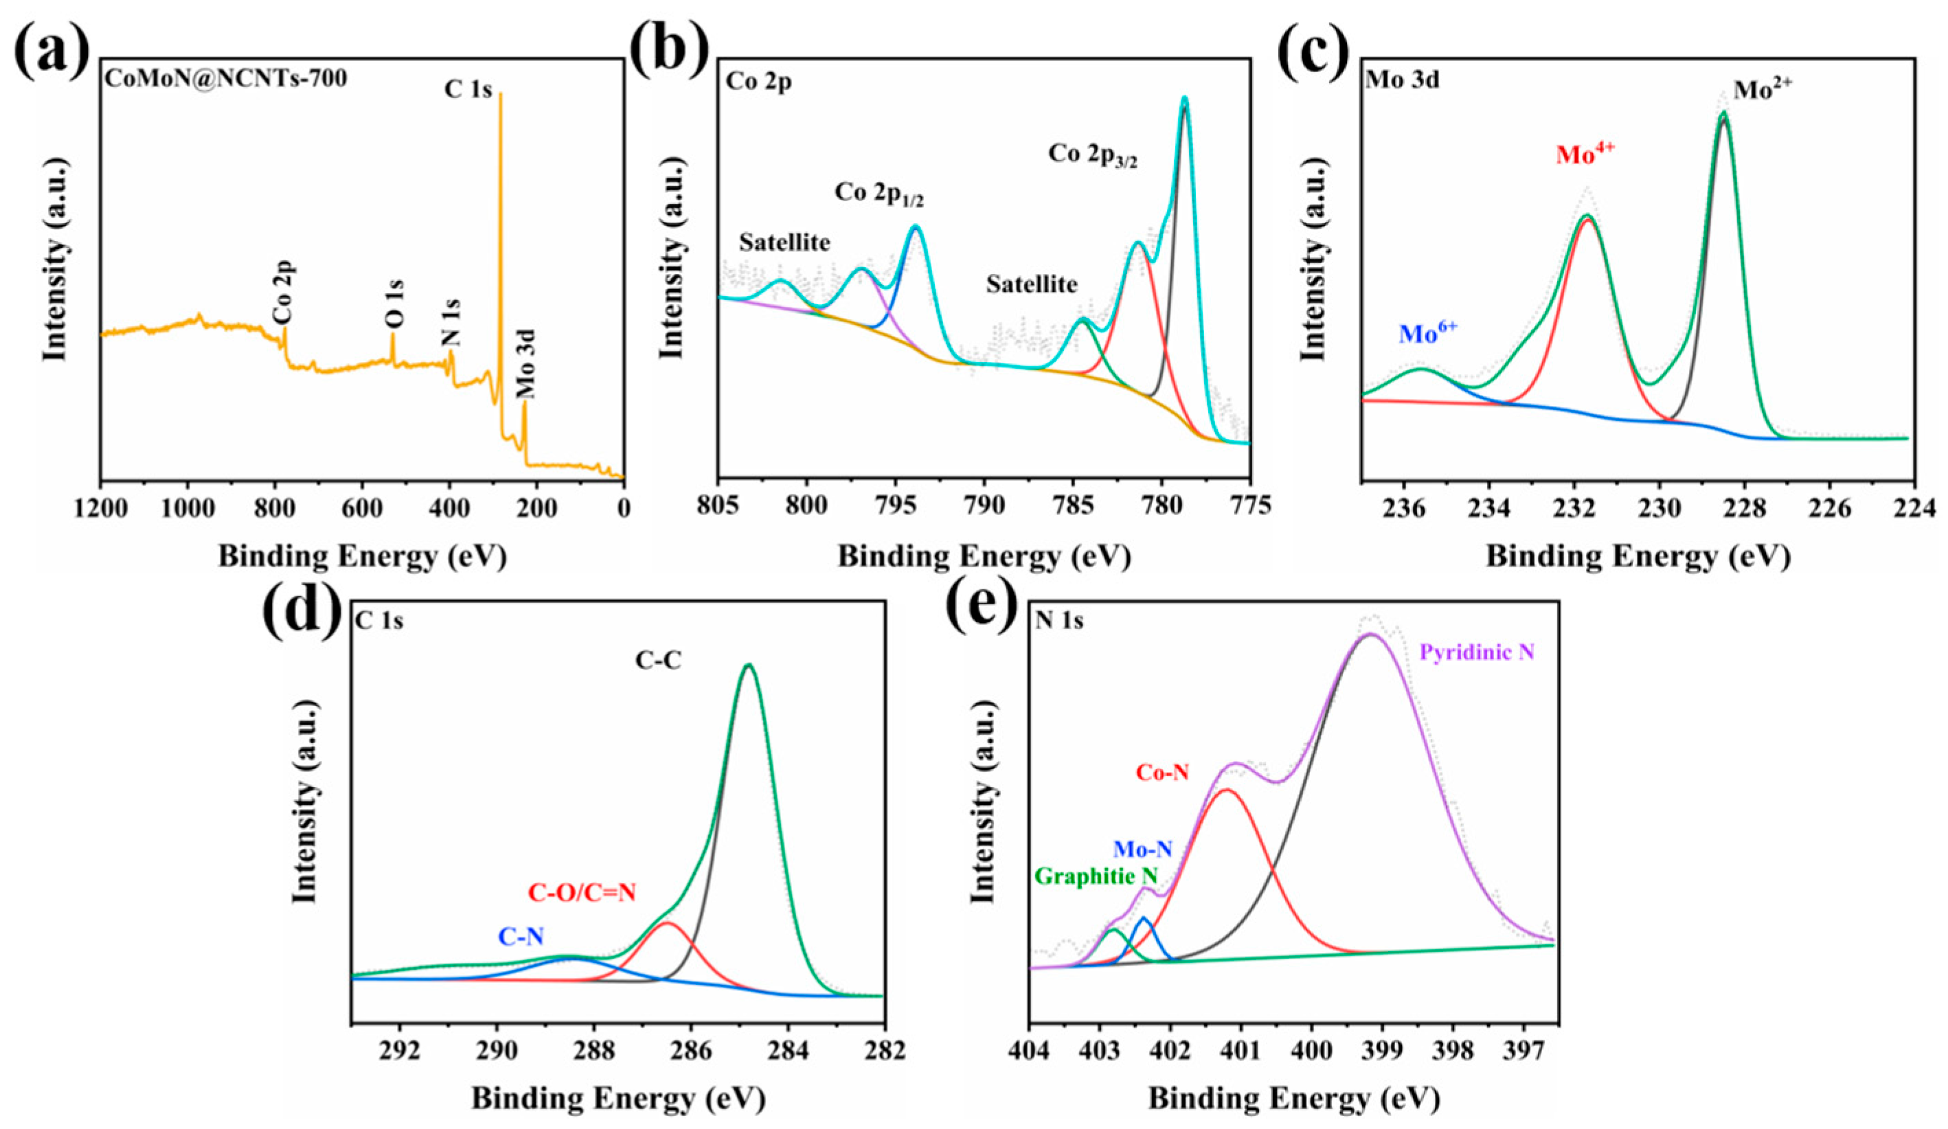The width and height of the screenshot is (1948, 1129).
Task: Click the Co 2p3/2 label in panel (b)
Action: click(1092, 156)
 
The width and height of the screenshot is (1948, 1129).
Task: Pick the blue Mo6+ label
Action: click(1428, 332)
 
